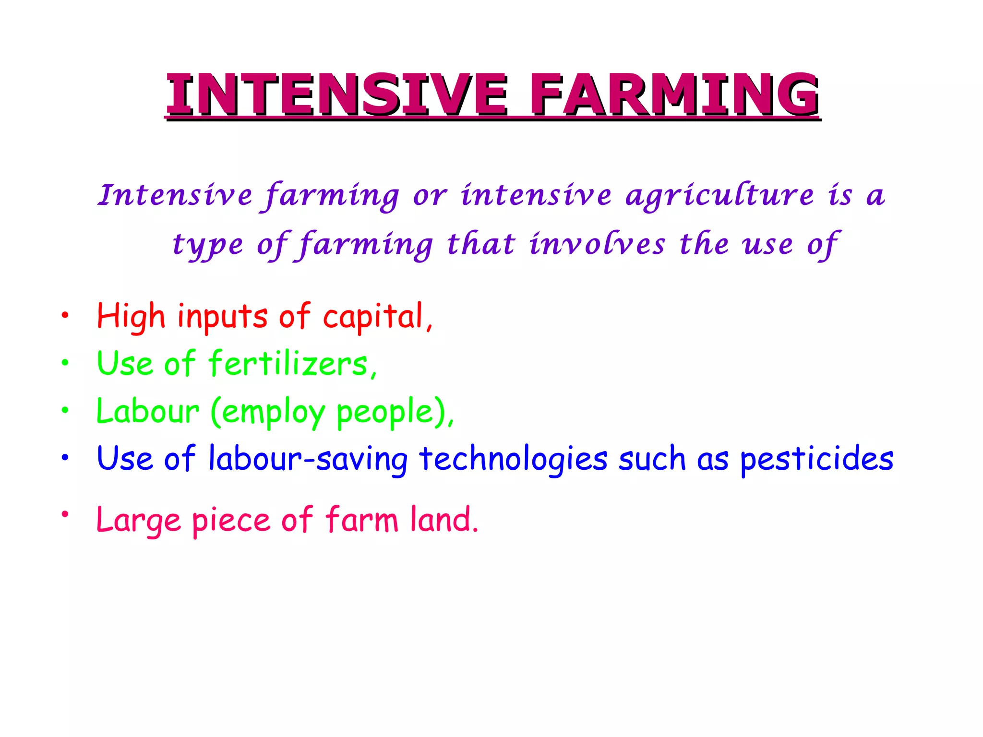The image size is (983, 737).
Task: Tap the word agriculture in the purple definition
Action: point(720,196)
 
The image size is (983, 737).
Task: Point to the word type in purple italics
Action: point(208,246)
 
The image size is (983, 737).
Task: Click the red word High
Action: point(131,317)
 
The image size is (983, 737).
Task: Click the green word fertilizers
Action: point(288,363)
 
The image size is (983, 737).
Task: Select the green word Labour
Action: point(147,411)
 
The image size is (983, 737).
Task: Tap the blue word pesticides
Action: point(816,459)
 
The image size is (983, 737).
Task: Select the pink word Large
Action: point(139,521)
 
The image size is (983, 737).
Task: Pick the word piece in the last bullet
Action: point(231,521)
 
